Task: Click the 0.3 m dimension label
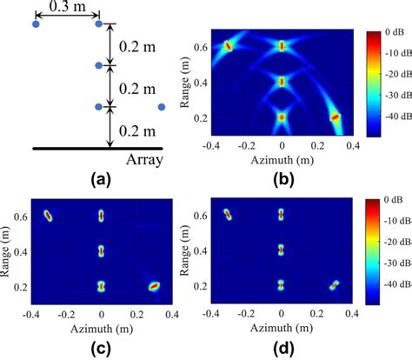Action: point(67,9)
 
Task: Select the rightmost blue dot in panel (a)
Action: point(162,107)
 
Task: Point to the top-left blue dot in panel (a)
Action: point(36,24)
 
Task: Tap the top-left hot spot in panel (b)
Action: point(228,46)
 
